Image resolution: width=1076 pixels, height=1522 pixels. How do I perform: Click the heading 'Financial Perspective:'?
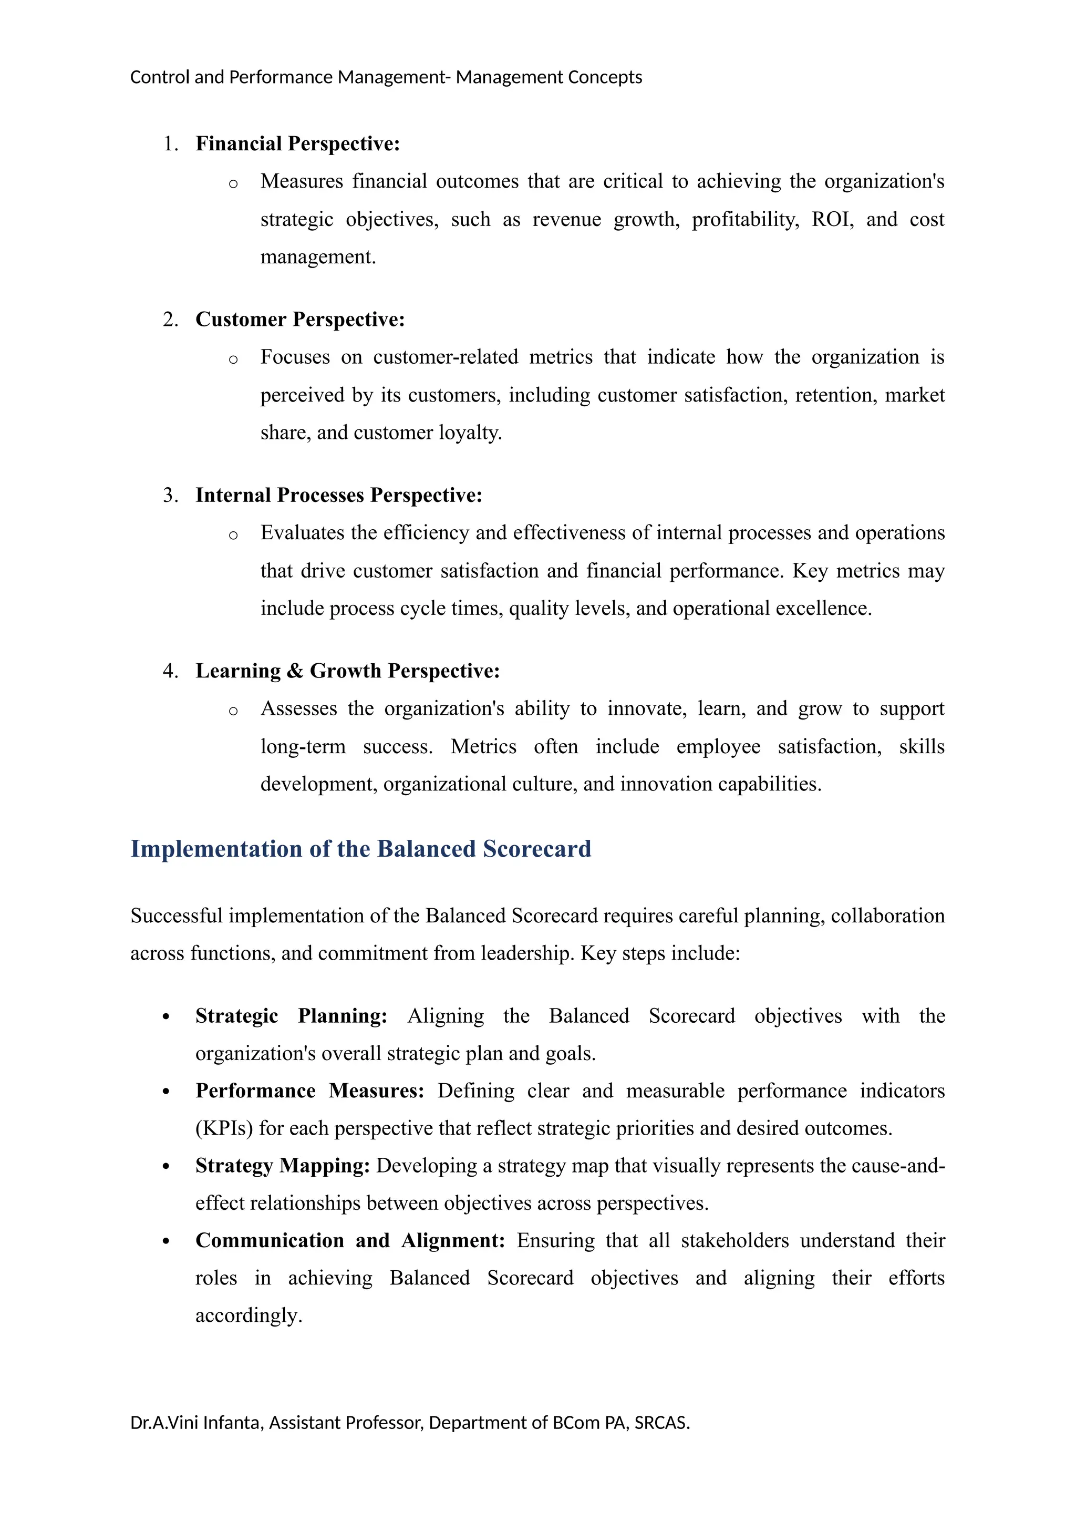pyautogui.click(x=297, y=144)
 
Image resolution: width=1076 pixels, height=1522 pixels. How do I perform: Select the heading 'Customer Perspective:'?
pyautogui.click(x=299, y=320)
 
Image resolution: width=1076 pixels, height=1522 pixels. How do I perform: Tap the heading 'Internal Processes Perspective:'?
pyautogui.click(x=338, y=495)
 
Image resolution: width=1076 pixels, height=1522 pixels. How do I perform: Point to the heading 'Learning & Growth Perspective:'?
pyautogui.click(x=347, y=671)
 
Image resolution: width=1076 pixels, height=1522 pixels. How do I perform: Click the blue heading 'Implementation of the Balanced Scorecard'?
pyautogui.click(x=360, y=849)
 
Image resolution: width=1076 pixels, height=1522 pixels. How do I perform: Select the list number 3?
pyautogui.click(x=170, y=495)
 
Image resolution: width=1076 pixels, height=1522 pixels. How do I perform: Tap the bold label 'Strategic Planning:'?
pyautogui.click(x=291, y=1016)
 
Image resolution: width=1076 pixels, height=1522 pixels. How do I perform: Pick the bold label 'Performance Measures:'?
pyautogui.click(x=309, y=1091)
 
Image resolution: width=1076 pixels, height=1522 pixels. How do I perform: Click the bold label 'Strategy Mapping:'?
pyautogui.click(x=282, y=1166)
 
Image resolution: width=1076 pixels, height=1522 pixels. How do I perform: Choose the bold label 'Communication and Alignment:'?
pyautogui.click(x=350, y=1241)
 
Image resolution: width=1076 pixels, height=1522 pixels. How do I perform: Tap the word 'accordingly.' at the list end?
pyautogui.click(x=249, y=1316)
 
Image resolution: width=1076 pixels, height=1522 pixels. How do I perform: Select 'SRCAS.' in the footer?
pyautogui.click(x=662, y=1423)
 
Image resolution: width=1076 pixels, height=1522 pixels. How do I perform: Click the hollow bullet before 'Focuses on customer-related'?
pyautogui.click(x=233, y=360)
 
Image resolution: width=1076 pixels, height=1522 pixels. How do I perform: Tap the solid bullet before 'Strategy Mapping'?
pyautogui.click(x=167, y=1167)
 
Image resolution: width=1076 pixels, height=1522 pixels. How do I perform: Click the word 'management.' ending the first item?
pyautogui.click(x=317, y=257)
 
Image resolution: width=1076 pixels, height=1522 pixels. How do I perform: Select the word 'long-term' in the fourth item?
pyautogui.click(x=303, y=747)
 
